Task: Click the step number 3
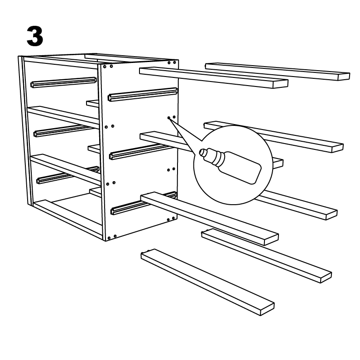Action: [35, 36]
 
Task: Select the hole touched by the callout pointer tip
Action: [168, 118]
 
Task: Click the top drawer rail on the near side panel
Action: [143, 94]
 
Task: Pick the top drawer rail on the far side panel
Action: [64, 82]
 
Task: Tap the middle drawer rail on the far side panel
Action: [63, 130]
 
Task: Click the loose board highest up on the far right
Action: [277, 72]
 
